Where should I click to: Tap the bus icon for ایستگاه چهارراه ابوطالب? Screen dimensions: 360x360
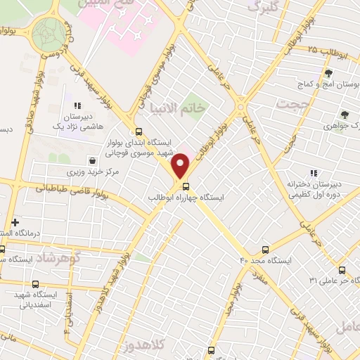coord(186,186)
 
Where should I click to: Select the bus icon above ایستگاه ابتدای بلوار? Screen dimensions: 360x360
coord(139,131)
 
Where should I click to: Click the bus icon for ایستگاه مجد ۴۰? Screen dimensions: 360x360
coord(265,250)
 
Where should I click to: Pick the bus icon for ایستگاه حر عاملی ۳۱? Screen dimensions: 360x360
coord(342,270)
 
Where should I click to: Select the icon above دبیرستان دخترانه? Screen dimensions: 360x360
coord(314,173)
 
